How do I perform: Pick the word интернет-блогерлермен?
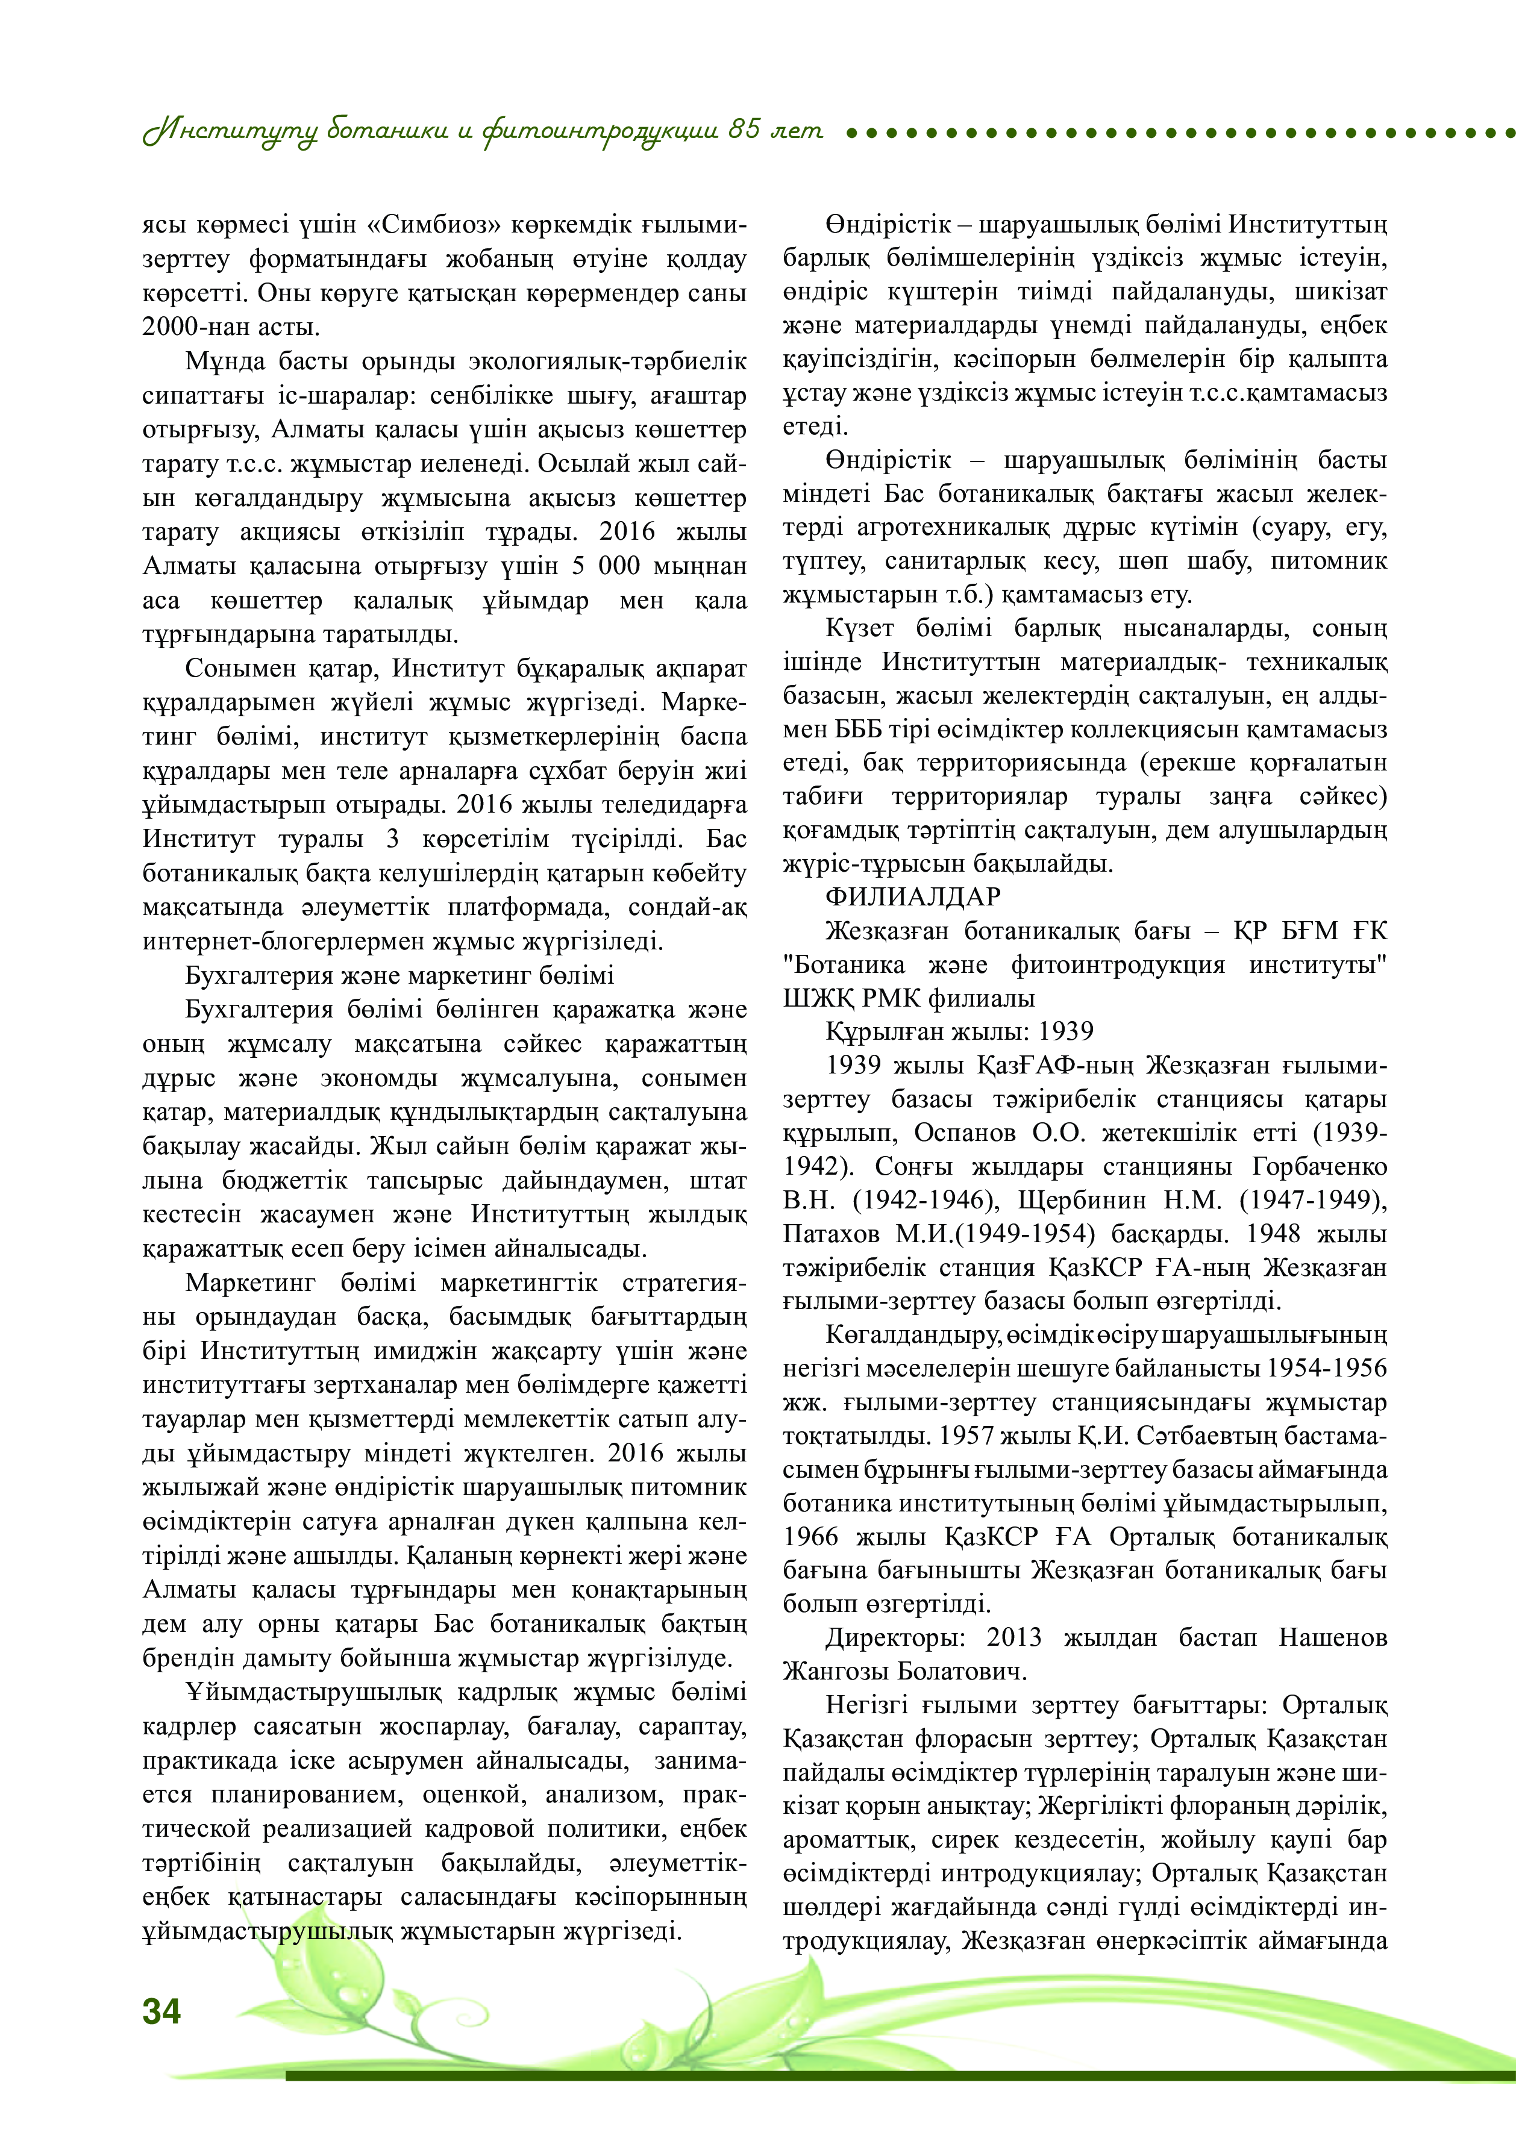point(286,942)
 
